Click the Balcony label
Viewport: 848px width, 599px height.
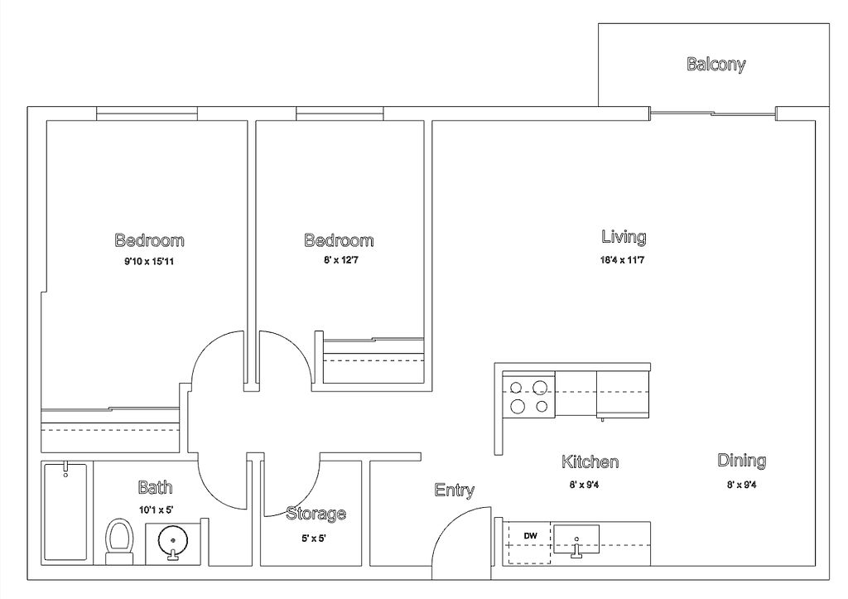tap(716, 65)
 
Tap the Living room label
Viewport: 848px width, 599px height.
tap(624, 237)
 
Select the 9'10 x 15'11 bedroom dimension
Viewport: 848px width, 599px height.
tap(149, 262)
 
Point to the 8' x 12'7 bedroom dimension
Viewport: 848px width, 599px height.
tap(340, 260)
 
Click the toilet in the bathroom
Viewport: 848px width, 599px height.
tap(119, 542)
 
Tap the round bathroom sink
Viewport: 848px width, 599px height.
tap(172, 540)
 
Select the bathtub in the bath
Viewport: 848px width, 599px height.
tap(65, 511)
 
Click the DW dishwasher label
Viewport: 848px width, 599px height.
tap(531, 536)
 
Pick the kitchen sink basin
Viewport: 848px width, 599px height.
tap(576, 539)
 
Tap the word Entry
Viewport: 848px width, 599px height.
tap(455, 490)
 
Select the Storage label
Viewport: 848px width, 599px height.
tap(316, 513)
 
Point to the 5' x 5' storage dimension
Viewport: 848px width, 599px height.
tap(314, 539)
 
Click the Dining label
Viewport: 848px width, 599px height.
tap(741, 461)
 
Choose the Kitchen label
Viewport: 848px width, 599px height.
tap(590, 462)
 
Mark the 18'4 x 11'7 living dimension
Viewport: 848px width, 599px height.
tap(622, 260)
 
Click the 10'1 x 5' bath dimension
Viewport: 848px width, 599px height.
tap(156, 510)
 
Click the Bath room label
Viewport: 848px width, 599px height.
tap(155, 487)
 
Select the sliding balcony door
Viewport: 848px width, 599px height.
tap(713, 114)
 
